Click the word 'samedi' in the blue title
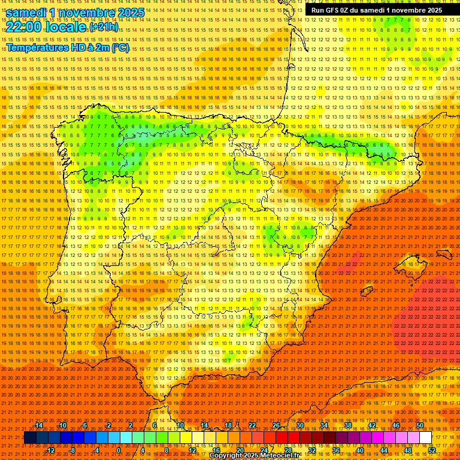coord(27,13)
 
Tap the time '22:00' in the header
coord(23,27)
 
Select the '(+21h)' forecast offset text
coord(104,27)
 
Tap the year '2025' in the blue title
coord(129,13)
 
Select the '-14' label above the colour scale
coord(38,425)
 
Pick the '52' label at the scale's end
coord(431,450)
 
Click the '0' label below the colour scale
coord(119,450)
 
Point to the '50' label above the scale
coord(420,425)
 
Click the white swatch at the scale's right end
coord(425,438)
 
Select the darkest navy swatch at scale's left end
coord(30,438)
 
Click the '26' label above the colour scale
coord(276,425)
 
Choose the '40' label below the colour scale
coord(359,450)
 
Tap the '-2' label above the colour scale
coord(108,425)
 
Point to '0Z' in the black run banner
coord(350,10)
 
